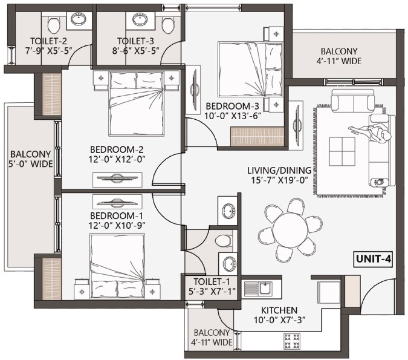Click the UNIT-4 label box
tap(373, 259)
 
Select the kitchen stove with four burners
tap(292, 341)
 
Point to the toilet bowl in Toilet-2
tap(54, 25)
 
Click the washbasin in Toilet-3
tap(140, 19)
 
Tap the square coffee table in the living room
tap(342, 152)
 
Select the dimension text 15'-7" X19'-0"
tap(279, 180)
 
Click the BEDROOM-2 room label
tap(117, 149)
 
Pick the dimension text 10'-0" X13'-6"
tap(233, 116)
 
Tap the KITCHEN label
tap(279, 310)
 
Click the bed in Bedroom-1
tap(117, 266)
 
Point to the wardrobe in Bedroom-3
tap(257, 137)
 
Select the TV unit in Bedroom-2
tap(117, 180)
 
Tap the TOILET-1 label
tap(212, 281)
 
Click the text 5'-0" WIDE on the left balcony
tap(30, 164)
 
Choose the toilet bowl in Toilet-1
tap(224, 241)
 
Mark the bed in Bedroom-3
tap(250, 70)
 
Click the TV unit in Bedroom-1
tap(117, 201)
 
